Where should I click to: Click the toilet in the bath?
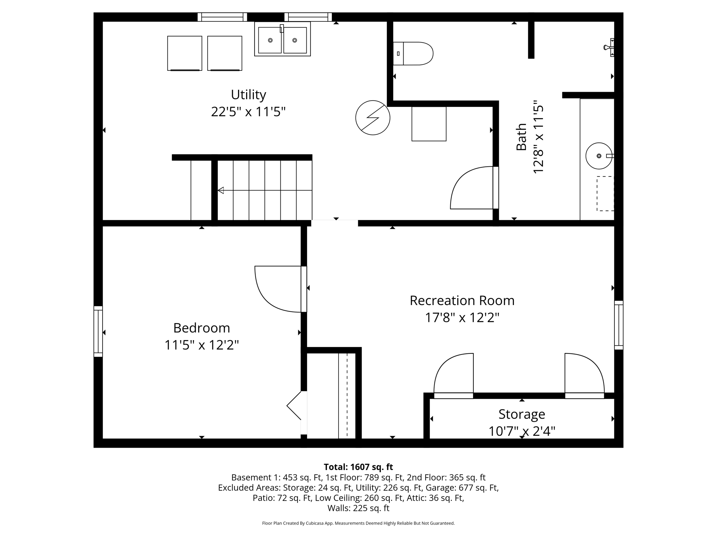coord(413,54)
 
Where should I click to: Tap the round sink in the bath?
coord(599,156)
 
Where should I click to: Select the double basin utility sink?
coord(282,39)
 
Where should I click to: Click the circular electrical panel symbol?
coord(373,118)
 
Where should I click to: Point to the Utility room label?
coord(248,95)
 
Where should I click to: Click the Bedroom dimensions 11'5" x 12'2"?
coord(202,345)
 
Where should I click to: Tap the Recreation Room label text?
coord(462,301)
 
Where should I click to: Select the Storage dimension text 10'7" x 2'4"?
coord(522,431)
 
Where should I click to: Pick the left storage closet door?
coord(453,375)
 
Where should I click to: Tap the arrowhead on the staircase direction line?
coord(221,190)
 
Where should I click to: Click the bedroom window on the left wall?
coord(98,331)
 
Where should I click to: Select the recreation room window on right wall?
coord(619,325)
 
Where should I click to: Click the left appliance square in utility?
coord(185,53)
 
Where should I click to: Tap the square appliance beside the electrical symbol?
coord(429,124)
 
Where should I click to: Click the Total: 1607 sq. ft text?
coord(358,467)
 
